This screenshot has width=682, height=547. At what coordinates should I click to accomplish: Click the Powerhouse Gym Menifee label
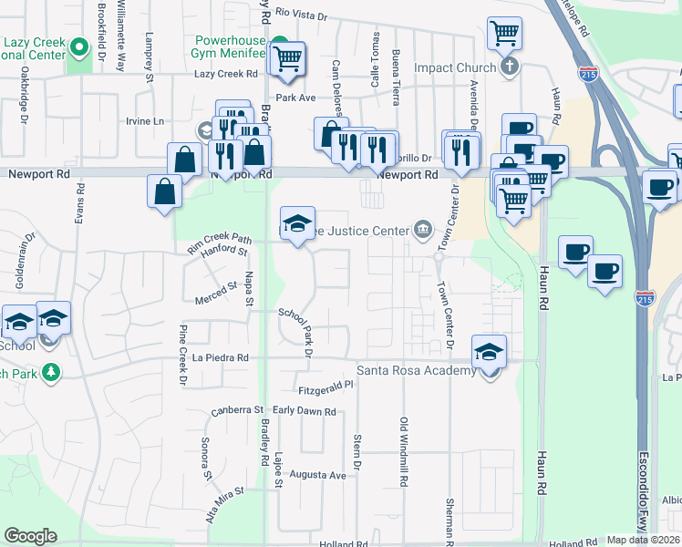coord(235,49)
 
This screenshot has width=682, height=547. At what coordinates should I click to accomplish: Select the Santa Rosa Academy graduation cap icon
coord(489,351)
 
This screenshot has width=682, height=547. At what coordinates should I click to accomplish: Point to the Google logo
coord(30,536)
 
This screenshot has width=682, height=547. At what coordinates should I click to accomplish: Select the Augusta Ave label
coord(318,475)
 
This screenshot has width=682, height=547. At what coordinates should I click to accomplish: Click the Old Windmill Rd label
coord(402,451)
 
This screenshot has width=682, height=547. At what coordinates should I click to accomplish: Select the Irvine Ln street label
coord(146,121)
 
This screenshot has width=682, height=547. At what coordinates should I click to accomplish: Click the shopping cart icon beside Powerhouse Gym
coord(288,59)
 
